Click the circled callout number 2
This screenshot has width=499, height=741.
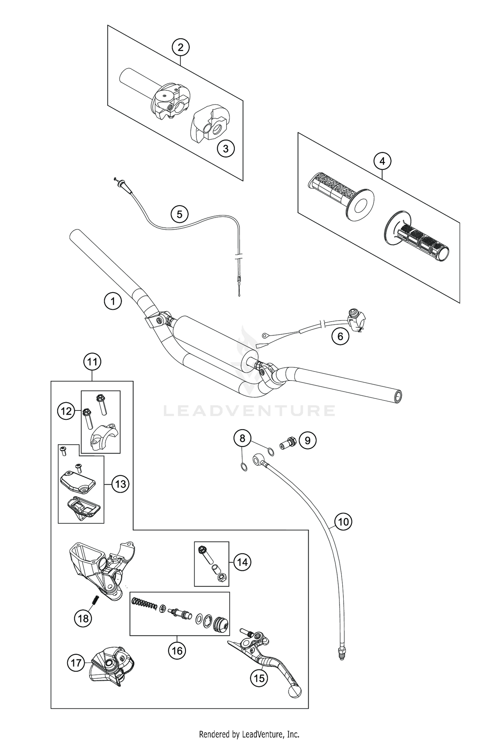click(x=180, y=47)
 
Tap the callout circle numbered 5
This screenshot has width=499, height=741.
click(x=179, y=214)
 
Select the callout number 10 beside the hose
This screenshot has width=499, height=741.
click(x=343, y=521)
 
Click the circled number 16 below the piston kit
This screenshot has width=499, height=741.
click(x=177, y=650)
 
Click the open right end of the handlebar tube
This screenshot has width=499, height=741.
click(x=398, y=396)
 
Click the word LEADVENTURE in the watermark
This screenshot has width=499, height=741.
click(x=249, y=411)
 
